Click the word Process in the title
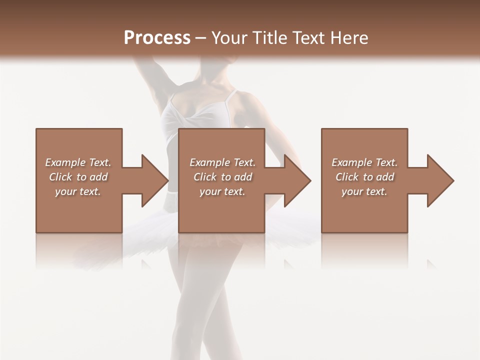[157, 38]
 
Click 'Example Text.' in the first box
[78, 162]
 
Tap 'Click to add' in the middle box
[222, 177]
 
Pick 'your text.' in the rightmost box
[364, 191]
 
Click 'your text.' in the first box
[78, 191]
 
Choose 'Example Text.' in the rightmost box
[364, 162]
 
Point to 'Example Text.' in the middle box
[222, 162]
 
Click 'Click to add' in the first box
[78, 177]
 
